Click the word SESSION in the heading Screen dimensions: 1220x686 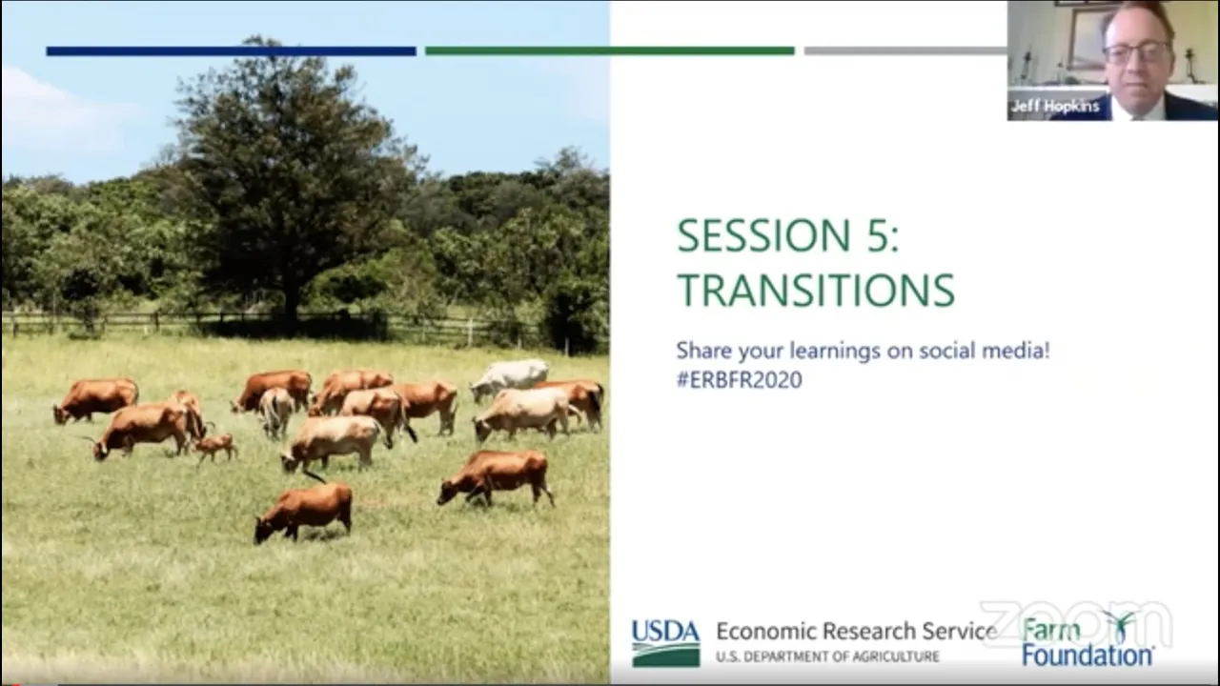point(763,235)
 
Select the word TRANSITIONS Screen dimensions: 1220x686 point(816,290)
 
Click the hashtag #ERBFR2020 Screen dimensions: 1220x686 point(739,379)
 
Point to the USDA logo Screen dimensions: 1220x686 point(665,643)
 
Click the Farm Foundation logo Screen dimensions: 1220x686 point(1088,639)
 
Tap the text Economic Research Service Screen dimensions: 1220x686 point(856,631)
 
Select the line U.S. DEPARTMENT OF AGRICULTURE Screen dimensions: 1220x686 point(828,656)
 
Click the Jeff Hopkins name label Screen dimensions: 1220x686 point(1055,106)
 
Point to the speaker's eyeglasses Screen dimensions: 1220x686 point(1136,52)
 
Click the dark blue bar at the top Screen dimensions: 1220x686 point(231,51)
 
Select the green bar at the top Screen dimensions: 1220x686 point(609,51)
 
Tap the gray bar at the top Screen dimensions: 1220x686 point(905,51)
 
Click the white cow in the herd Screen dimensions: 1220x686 point(509,378)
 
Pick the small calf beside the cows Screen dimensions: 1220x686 point(215,447)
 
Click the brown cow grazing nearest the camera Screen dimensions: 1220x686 point(304,512)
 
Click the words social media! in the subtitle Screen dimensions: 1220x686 point(985,350)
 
